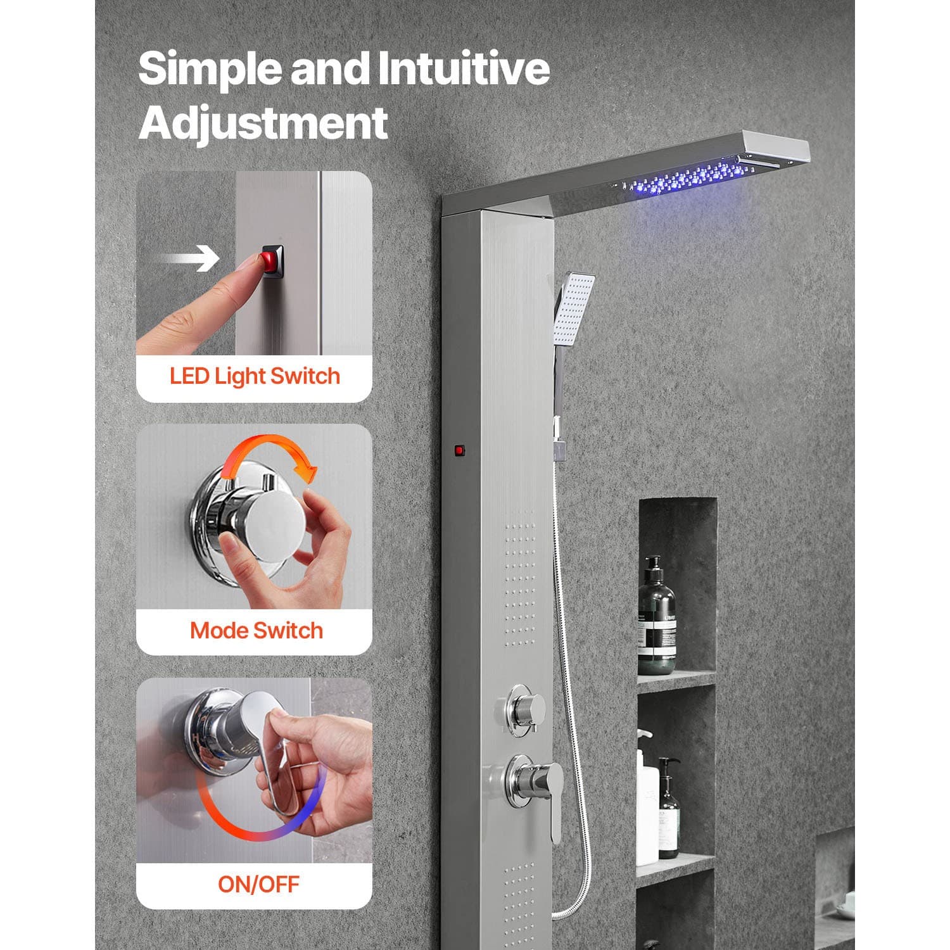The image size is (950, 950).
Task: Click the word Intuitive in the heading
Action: (x=464, y=70)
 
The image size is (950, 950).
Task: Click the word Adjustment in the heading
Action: (x=263, y=123)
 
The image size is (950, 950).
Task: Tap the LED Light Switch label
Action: (x=255, y=376)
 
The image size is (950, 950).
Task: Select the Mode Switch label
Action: (x=256, y=631)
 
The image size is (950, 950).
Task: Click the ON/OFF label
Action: (x=258, y=884)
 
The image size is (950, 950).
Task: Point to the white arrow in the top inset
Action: (x=188, y=258)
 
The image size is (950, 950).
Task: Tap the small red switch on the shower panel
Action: (x=459, y=451)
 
